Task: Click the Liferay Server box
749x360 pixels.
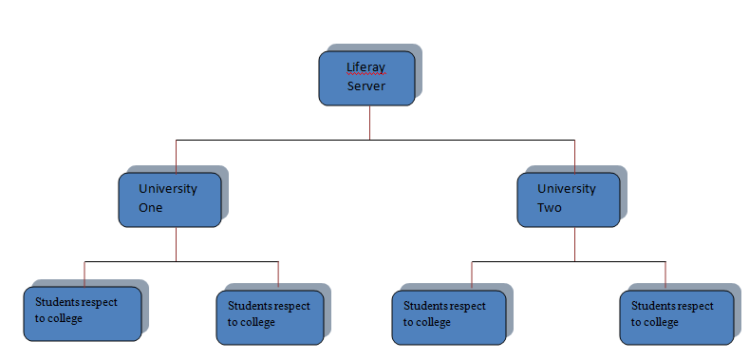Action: (x=365, y=78)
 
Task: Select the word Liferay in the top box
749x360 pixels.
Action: (x=365, y=67)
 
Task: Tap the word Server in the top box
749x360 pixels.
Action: (x=365, y=87)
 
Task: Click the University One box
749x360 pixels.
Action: (x=170, y=199)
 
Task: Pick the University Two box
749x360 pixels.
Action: (x=568, y=199)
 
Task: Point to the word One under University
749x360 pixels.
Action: (x=151, y=207)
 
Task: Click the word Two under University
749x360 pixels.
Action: (x=550, y=207)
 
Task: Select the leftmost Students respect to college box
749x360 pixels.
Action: (x=84, y=313)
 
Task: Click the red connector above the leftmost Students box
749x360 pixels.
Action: (x=84, y=273)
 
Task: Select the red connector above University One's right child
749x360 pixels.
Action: (x=278, y=274)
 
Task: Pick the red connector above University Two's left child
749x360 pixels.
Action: (x=472, y=274)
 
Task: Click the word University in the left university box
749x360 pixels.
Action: (x=168, y=188)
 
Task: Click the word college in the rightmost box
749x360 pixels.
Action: (x=660, y=322)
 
